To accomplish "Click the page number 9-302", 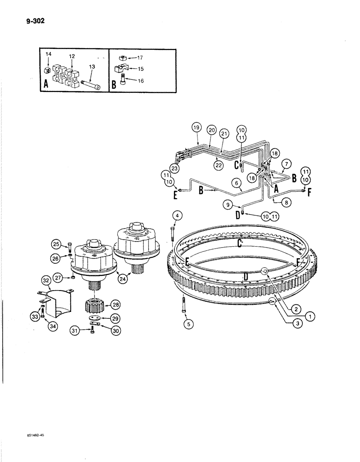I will point(29,20).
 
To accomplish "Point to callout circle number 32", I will point(46,280).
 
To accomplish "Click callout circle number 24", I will point(123,278).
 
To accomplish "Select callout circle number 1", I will point(310,317).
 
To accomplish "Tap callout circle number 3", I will point(298,325).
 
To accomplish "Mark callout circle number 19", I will point(196,127).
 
